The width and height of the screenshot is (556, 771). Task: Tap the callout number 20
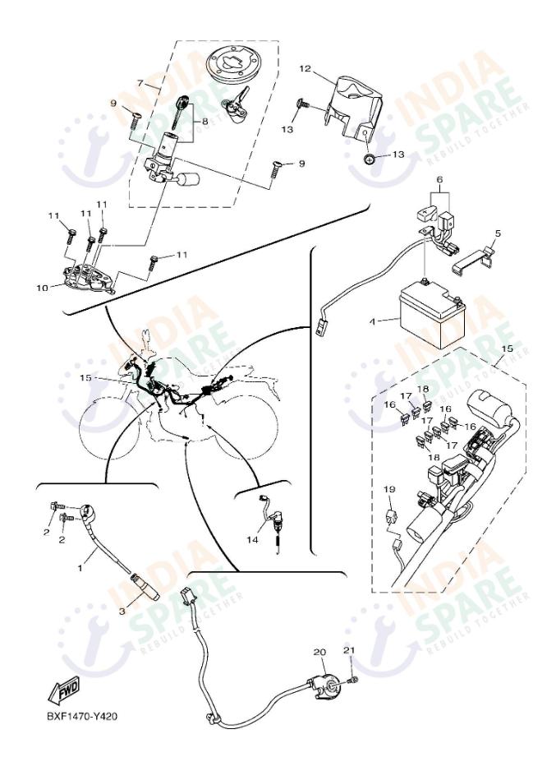(x=320, y=652)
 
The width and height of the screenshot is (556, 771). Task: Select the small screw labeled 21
(x=353, y=679)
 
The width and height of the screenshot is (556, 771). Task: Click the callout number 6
(x=439, y=180)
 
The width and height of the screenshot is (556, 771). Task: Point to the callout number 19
(x=389, y=489)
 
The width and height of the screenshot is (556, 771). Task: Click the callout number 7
(x=141, y=83)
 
